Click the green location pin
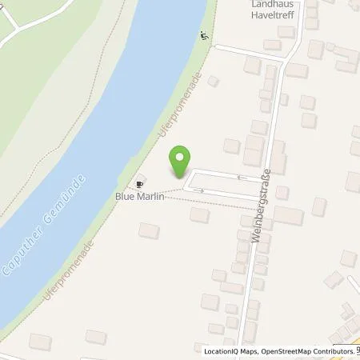point(182,161)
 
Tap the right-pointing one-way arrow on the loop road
point(202,190)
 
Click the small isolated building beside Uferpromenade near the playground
point(213,81)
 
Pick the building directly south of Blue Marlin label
point(149,230)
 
